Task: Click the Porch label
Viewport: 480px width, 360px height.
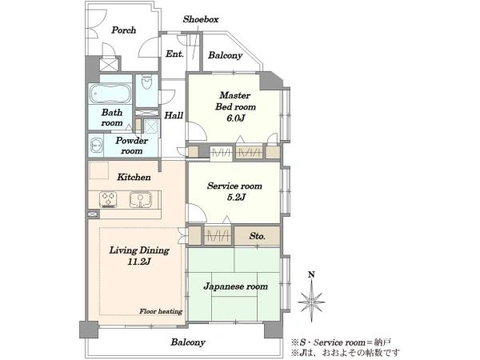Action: (123, 30)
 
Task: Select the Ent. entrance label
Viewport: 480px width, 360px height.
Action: (174, 54)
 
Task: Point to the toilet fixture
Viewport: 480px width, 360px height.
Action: (146, 85)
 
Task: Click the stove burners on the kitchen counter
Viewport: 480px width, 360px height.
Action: (109, 198)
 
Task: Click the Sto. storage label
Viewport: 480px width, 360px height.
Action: (257, 236)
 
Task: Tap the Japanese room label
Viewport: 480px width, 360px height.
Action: (234, 286)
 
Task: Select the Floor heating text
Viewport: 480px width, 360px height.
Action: (161, 310)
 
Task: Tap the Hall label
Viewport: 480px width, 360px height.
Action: (174, 115)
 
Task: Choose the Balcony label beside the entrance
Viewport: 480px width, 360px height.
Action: (226, 56)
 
